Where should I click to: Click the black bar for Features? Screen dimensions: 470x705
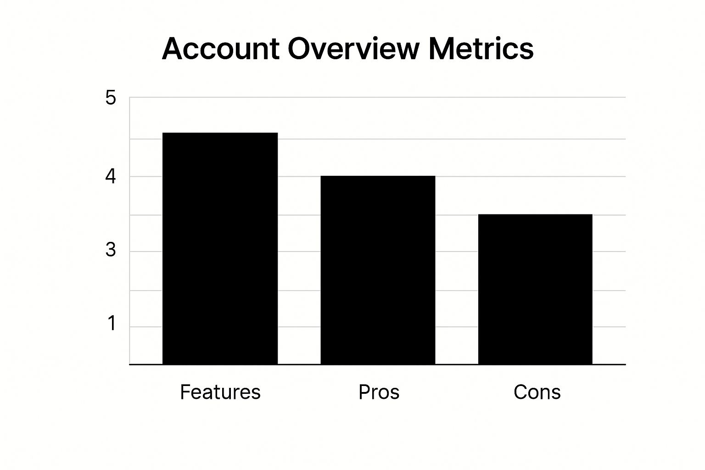point(220,248)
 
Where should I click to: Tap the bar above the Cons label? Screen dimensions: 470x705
point(535,289)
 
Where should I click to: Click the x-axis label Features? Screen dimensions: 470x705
point(220,392)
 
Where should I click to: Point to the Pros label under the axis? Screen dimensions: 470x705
point(379,392)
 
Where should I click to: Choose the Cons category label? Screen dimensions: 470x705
point(537,392)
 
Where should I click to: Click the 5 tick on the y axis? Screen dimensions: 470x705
point(111,98)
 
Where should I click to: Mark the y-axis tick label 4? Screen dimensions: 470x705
point(111,177)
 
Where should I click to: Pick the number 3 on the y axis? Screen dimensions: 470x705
point(111,250)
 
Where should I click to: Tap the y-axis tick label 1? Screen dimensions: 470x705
point(112,324)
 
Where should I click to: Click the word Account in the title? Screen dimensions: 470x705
point(221,49)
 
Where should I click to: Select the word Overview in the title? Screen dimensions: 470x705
point(353,49)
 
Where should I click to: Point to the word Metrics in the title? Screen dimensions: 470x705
point(481,49)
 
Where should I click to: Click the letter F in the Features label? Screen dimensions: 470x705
point(184,392)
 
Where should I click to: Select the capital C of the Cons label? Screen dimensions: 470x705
point(520,392)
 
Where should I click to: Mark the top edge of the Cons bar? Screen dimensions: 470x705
point(535,215)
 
